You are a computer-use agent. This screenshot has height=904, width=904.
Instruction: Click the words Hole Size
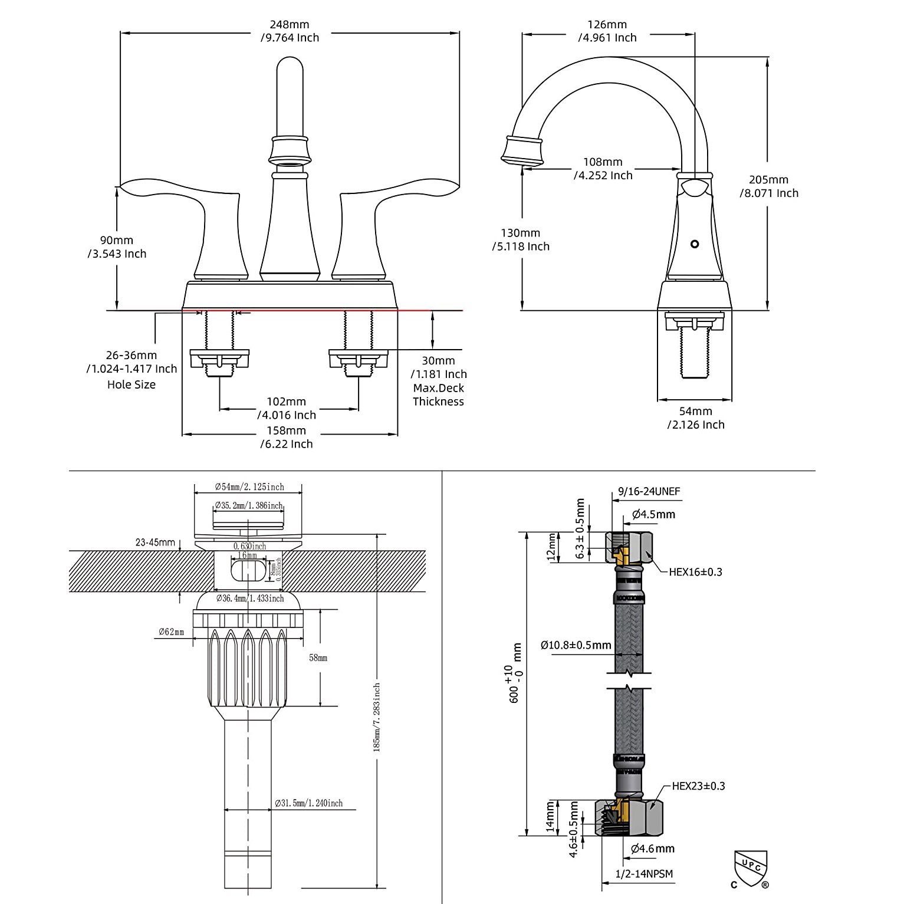(132, 384)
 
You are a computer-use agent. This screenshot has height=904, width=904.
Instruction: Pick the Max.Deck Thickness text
(438, 395)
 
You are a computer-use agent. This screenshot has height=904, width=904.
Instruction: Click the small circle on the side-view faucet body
(695, 244)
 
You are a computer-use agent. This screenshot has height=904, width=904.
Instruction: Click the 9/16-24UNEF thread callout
(649, 492)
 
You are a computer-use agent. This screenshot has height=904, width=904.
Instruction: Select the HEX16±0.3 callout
(695, 572)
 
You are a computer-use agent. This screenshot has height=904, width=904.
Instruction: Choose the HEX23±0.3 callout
(698, 786)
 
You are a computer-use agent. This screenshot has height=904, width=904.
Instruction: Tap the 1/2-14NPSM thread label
(644, 874)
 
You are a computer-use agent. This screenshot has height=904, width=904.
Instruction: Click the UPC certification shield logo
(750, 869)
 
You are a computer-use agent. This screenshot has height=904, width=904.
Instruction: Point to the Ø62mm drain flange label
(171, 632)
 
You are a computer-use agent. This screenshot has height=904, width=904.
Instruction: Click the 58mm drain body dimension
(318, 658)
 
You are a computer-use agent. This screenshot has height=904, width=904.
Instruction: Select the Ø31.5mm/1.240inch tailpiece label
(308, 803)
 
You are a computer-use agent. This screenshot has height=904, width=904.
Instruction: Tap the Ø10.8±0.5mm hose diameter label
(576, 645)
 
